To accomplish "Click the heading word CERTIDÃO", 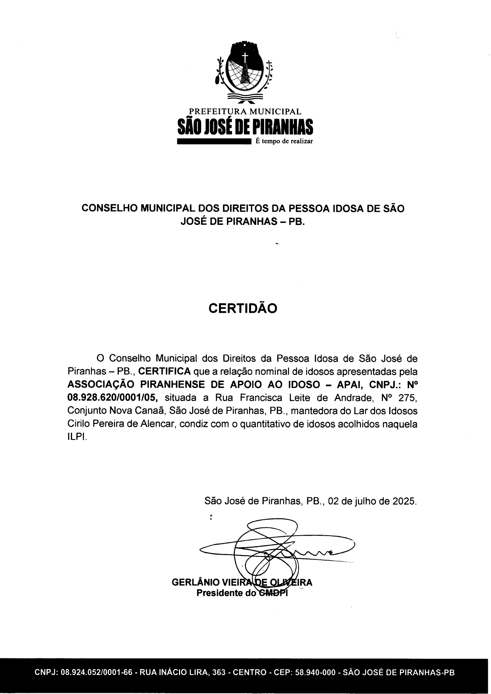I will coord(243,308).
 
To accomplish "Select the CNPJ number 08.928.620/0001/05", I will coord(113,397).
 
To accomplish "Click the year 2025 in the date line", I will coord(404,501).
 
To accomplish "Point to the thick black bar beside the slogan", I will coord(214,141).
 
